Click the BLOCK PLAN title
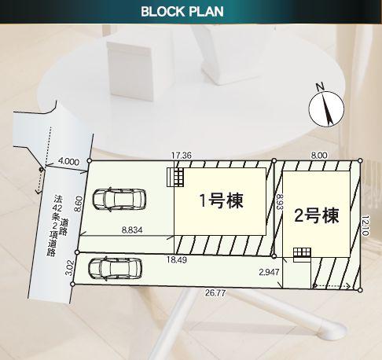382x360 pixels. [182, 12]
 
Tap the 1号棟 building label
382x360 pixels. [222, 201]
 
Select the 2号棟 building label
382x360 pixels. [317, 215]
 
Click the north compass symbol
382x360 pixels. [326, 108]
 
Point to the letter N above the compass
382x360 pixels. [320, 86]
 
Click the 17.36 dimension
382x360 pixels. [182, 156]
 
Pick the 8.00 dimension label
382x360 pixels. [319, 156]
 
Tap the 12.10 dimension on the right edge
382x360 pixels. [365, 226]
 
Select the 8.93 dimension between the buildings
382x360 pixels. [279, 201]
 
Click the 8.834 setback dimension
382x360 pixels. [132, 230]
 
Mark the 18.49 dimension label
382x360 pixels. [177, 259]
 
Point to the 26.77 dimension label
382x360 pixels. [215, 292]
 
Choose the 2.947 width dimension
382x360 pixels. [269, 272]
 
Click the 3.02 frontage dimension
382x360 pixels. [68, 268]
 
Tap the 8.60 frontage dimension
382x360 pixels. [79, 204]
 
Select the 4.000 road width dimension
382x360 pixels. [68, 161]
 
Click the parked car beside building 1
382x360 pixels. [119, 199]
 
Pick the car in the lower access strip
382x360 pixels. [115, 269]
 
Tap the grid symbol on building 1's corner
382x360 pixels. [175, 177]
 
